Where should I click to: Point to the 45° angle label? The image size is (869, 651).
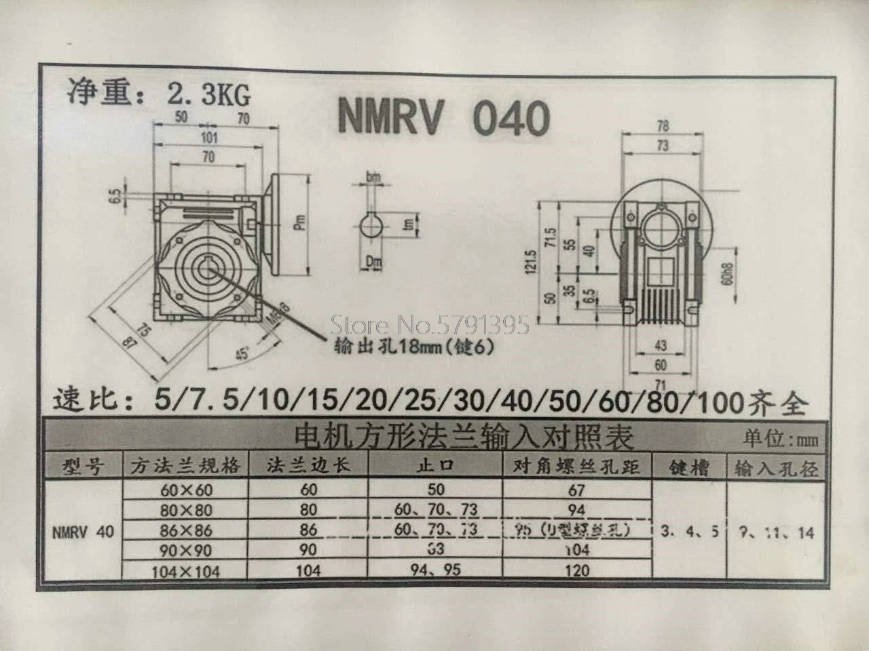pyautogui.click(x=242, y=354)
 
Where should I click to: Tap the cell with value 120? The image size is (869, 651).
pyautogui.click(x=576, y=570)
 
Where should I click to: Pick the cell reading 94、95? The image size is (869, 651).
pyautogui.click(x=436, y=570)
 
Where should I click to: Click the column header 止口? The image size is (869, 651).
pyautogui.click(x=435, y=466)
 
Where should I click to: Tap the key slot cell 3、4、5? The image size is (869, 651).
pyautogui.click(x=689, y=532)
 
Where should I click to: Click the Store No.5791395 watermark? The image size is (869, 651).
pyautogui.click(x=430, y=327)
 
